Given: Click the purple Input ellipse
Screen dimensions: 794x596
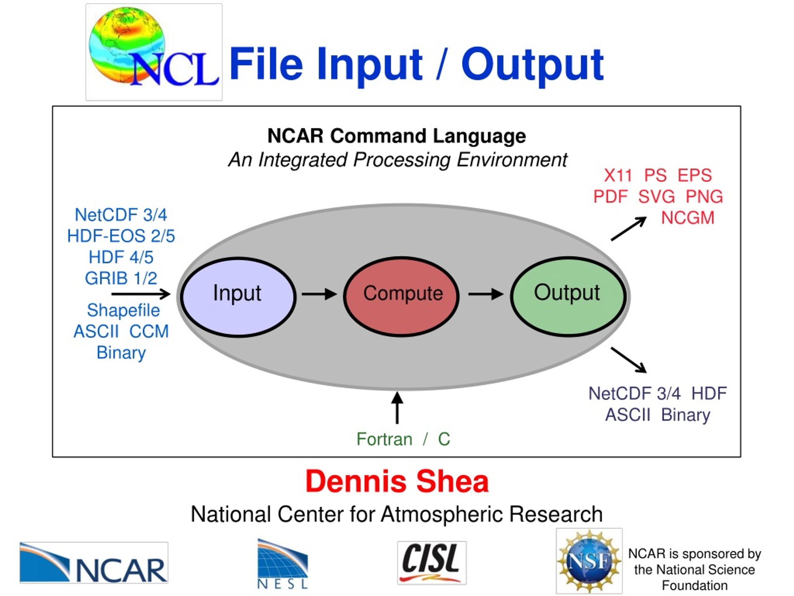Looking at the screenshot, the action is click(238, 297).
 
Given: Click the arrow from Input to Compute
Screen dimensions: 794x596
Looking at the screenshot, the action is click(319, 294).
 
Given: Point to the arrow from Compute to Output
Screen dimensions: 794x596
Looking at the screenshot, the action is click(486, 294).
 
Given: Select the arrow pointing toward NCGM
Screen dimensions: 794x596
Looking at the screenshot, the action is click(628, 228).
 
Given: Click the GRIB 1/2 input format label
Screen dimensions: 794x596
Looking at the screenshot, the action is click(121, 278).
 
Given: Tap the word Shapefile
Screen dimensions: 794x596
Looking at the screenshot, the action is click(123, 310).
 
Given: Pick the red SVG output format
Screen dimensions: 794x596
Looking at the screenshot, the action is click(657, 197).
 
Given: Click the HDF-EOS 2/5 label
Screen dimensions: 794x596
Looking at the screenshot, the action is click(121, 236).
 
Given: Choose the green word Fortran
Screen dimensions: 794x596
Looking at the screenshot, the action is click(384, 439).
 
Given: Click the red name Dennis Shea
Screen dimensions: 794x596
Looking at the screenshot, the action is click(397, 481).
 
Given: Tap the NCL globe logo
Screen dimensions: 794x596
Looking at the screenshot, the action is click(154, 52).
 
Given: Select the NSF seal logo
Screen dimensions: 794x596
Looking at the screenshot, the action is click(589, 561).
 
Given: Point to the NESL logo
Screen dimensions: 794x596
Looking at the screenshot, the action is click(283, 564).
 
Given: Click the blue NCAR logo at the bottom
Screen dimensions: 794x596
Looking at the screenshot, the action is click(94, 562).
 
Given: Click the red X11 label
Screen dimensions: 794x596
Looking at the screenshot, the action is click(618, 176).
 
